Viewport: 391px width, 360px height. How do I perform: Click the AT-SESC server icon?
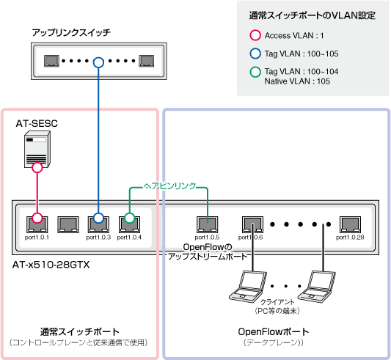coord(37,149)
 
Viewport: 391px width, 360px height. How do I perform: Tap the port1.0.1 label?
coord(37,238)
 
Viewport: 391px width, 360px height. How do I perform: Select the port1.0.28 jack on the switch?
coord(350,224)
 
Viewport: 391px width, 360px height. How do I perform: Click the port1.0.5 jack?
coord(207,224)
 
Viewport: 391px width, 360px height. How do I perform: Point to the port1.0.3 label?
coord(98,238)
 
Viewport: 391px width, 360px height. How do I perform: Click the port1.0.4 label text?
coord(129,238)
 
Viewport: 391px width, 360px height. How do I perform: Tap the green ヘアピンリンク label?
coord(169,186)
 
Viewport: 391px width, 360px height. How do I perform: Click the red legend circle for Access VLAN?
coord(255,35)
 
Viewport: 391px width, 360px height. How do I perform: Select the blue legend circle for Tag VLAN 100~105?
coord(255,54)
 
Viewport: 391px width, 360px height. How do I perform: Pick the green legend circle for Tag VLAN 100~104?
coord(255,72)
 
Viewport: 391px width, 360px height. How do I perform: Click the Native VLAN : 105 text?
coord(297,81)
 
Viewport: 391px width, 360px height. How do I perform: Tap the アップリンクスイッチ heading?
coord(71,32)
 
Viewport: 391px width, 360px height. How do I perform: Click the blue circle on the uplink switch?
coord(98,62)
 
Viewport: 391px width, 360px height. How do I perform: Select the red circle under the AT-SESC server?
coord(37,167)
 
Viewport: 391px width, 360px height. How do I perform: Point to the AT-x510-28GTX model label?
coord(51,265)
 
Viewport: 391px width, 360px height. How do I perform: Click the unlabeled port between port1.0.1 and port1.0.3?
coord(68,224)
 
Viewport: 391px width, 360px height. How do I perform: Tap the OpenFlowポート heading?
coord(274,332)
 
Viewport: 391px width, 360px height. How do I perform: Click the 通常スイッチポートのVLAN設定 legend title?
coord(313,15)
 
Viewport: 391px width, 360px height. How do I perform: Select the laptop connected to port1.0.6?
coord(249,287)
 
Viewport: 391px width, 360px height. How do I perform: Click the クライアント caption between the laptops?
coord(277,302)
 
